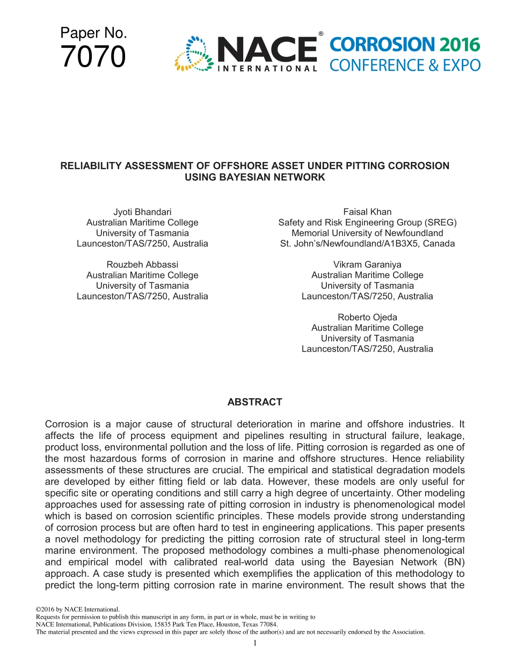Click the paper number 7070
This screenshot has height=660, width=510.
(x=93, y=57)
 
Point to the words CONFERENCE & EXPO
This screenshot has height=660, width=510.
(x=404, y=65)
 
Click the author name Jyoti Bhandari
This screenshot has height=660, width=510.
(x=142, y=212)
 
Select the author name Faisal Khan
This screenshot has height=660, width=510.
(x=367, y=212)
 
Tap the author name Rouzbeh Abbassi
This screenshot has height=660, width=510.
(x=142, y=265)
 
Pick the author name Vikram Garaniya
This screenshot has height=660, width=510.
(x=367, y=265)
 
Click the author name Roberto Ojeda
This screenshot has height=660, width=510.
(x=367, y=317)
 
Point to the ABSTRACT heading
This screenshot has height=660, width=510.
(x=254, y=402)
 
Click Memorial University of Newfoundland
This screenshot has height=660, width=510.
(x=367, y=233)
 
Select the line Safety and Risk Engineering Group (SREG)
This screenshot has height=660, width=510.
(x=367, y=222)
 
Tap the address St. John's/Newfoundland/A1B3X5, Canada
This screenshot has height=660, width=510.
(x=367, y=244)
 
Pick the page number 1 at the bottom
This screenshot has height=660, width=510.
(x=255, y=643)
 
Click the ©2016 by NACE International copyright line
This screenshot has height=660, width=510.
(x=77, y=610)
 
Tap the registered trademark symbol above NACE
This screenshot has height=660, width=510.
(x=320, y=34)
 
